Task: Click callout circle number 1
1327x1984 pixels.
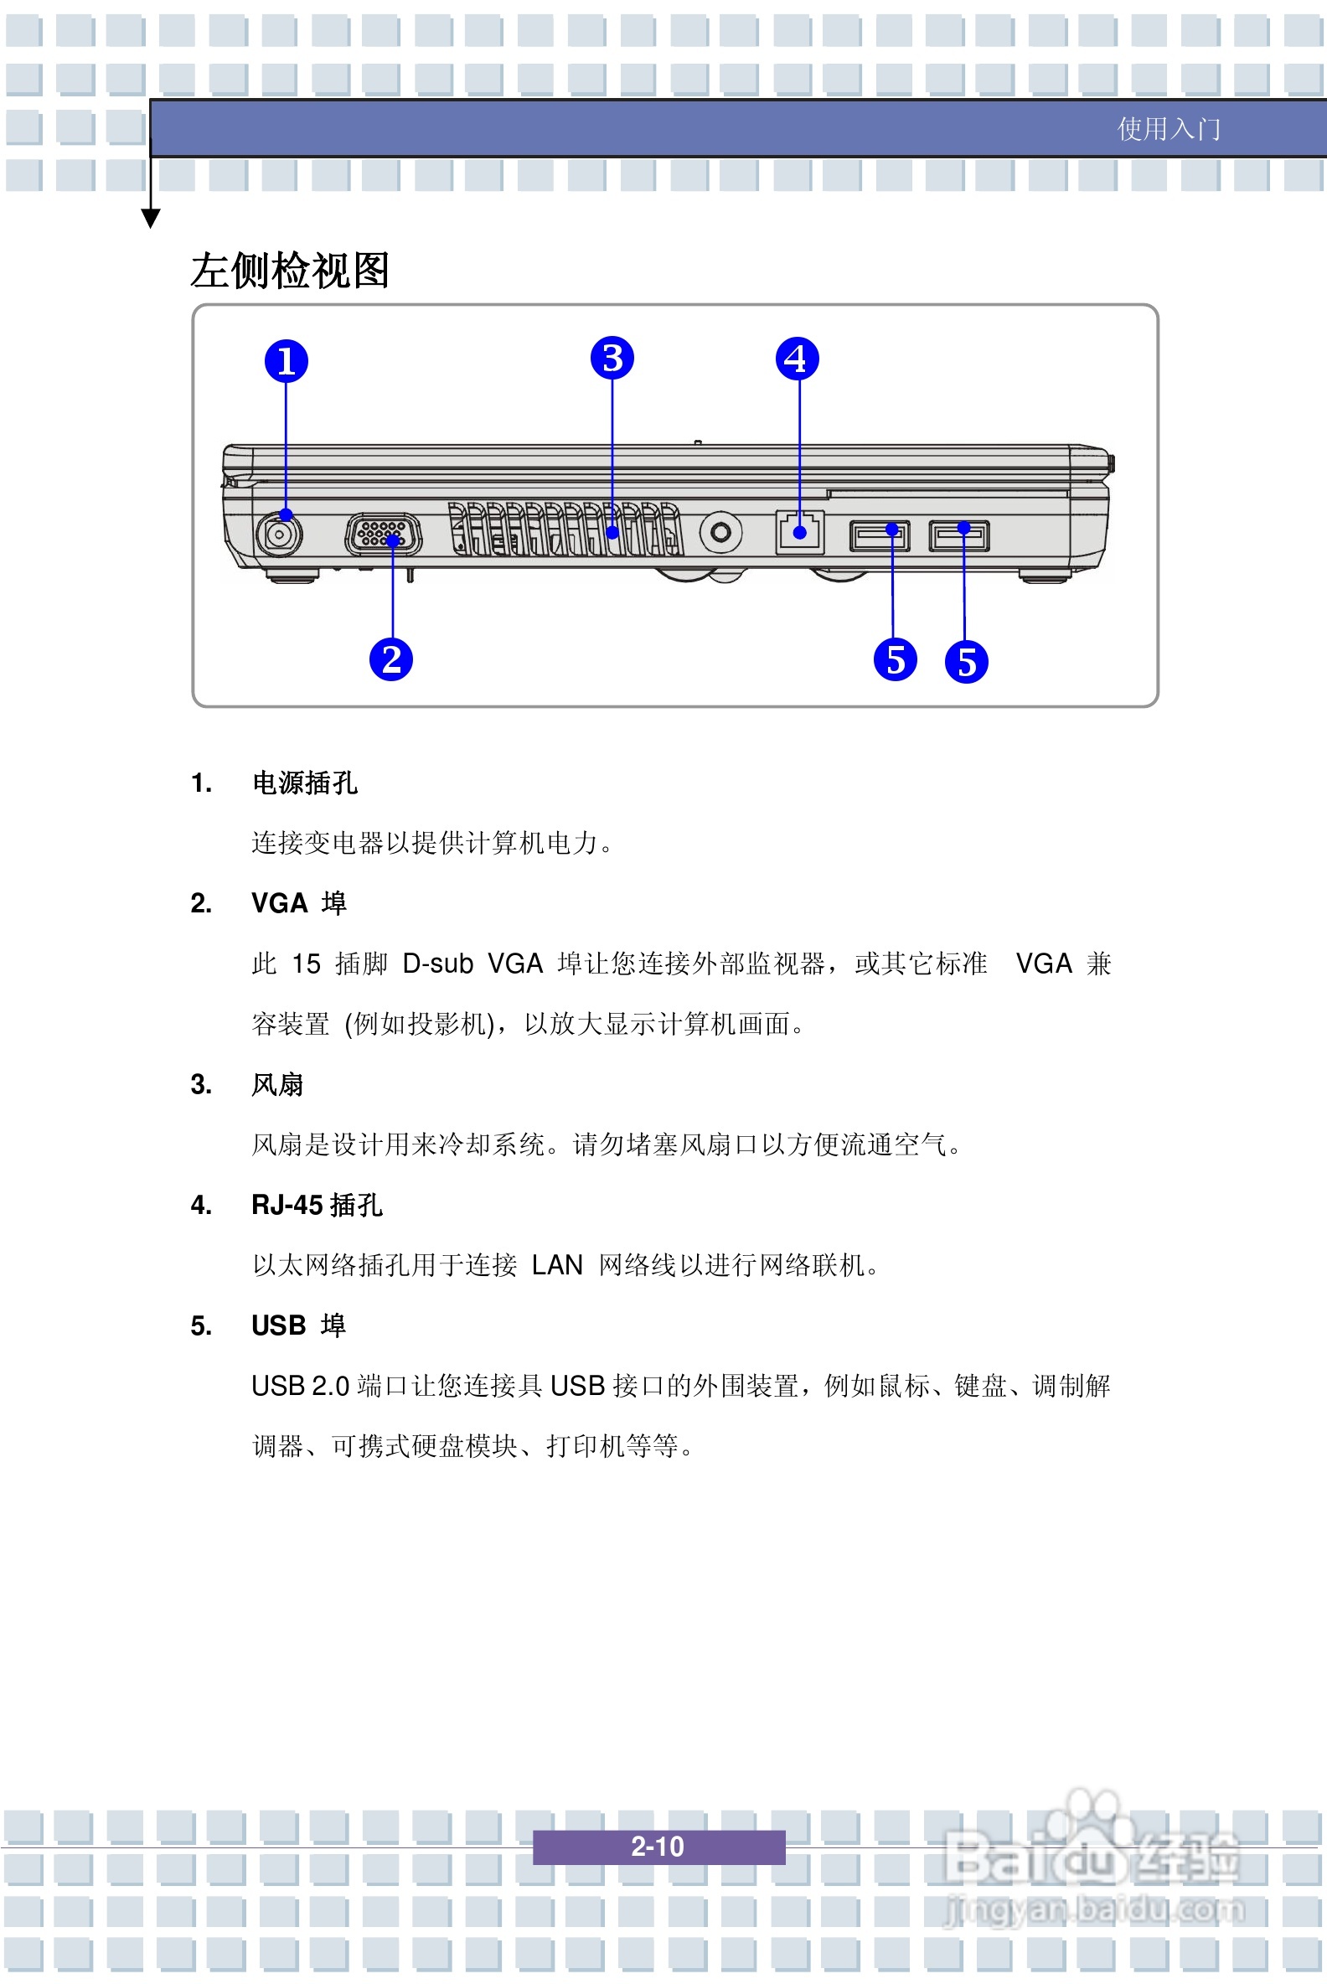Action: click(286, 361)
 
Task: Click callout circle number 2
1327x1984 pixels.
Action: click(391, 659)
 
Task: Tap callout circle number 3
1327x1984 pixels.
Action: click(612, 358)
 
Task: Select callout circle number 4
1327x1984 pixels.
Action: click(798, 359)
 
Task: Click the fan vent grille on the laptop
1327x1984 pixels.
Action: click(565, 529)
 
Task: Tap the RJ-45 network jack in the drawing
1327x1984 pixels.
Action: click(800, 531)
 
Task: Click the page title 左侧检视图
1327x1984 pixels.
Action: click(289, 271)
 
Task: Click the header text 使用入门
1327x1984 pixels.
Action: click(1169, 129)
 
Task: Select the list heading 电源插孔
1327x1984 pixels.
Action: click(305, 783)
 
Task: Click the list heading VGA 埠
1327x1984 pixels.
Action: click(299, 903)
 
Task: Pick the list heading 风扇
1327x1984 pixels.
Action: click(276, 1084)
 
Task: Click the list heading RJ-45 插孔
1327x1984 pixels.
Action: click(317, 1205)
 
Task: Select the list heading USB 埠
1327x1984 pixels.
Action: click(298, 1325)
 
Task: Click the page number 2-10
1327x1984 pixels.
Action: click(658, 1846)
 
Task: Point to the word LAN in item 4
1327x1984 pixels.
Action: click(557, 1265)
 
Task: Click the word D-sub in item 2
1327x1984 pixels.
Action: click(437, 964)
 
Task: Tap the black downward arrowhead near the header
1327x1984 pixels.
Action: click(151, 220)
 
